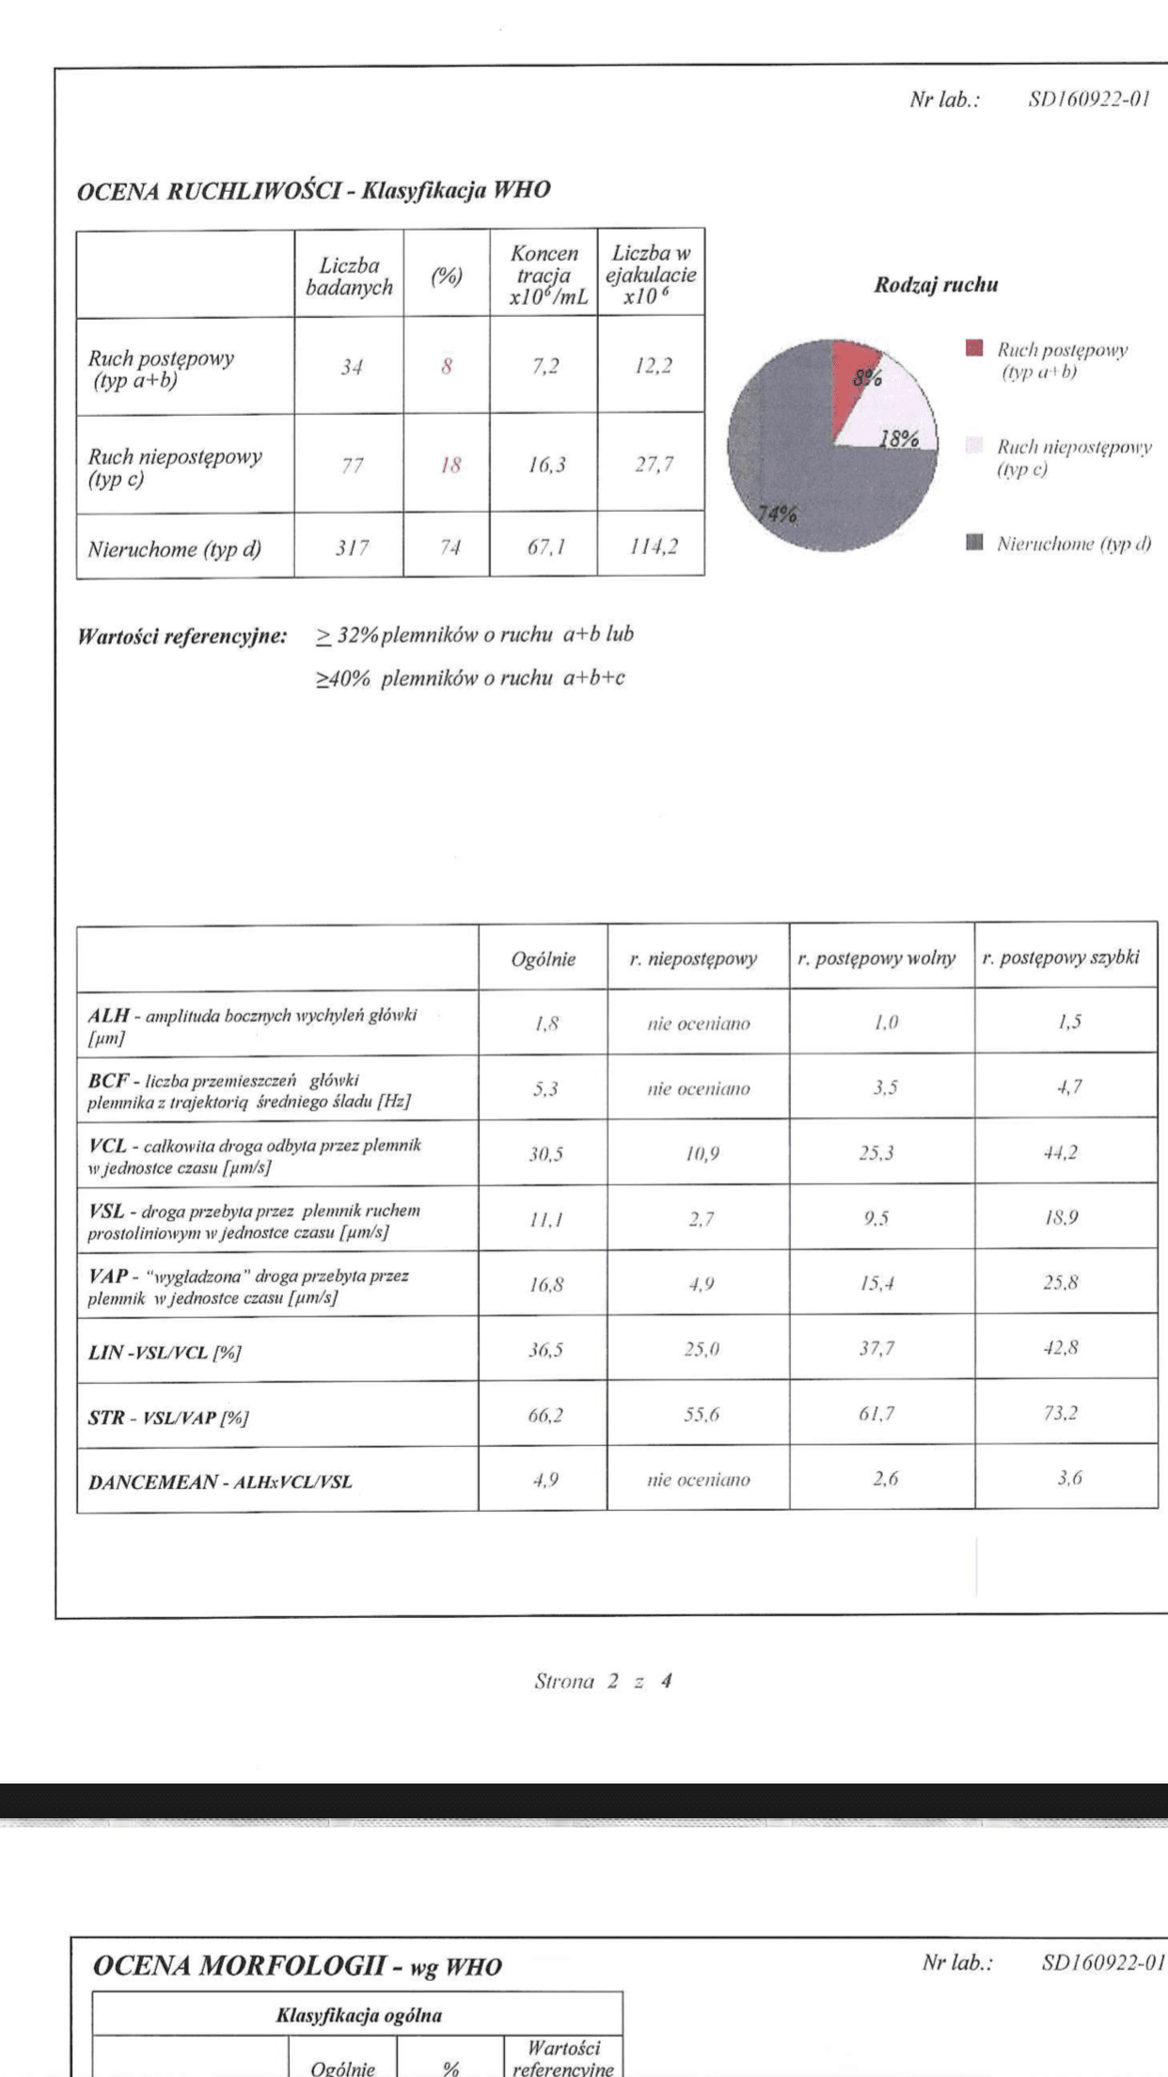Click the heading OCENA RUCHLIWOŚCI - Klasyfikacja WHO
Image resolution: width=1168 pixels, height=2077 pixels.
(x=313, y=190)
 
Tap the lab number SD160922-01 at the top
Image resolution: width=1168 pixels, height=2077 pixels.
(x=1088, y=100)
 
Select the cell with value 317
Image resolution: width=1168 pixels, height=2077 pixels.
(x=352, y=547)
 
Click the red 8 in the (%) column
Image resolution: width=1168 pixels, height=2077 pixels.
(x=447, y=366)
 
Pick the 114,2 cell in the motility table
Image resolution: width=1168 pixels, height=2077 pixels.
(x=654, y=547)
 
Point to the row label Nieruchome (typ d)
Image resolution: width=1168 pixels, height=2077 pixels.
(x=175, y=548)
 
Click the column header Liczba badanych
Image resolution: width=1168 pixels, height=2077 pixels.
(x=349, y=277)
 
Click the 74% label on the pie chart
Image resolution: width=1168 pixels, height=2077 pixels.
(x=778, y=514)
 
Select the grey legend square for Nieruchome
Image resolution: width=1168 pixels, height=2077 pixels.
(x=974, y=542)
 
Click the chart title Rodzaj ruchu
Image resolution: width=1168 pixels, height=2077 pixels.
(x=936, y=285)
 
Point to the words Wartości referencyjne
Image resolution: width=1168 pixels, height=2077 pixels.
(x=182, y=636)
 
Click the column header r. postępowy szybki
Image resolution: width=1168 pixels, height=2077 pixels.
(x=1061, y=958)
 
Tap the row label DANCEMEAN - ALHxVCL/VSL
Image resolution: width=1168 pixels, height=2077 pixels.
(x=220, y=1482)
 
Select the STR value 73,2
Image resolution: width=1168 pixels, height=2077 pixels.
(x=1061, y=1412)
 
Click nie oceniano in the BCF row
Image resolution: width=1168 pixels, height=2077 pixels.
(x=698, y=1088)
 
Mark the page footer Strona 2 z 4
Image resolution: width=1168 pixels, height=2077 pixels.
(x=603, y=1680)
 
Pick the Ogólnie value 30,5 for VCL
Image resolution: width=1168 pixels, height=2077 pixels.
(x=545, y=1153)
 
